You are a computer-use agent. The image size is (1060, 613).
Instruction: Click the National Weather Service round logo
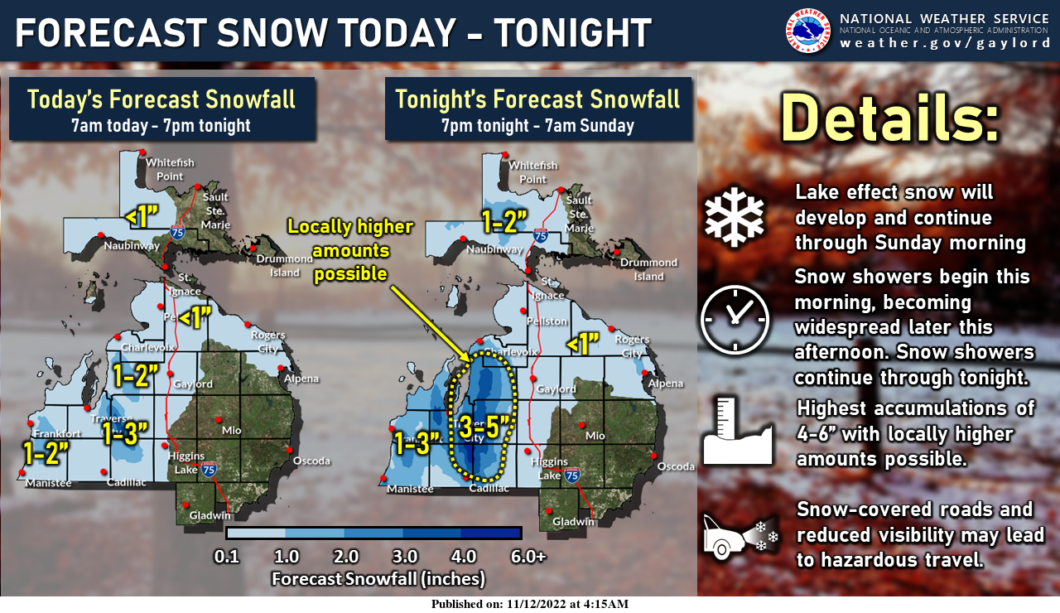[807, 30]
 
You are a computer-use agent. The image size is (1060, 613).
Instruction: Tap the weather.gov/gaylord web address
[945, 43]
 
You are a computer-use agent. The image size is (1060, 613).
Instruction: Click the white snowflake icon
[735, 215]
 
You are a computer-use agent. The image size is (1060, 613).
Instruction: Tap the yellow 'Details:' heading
[890, 117]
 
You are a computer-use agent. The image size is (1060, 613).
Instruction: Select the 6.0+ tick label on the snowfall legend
[528, 557]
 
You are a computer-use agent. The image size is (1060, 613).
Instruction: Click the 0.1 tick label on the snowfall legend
[226, 557]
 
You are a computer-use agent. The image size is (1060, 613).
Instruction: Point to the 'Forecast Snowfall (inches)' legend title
[378, 577]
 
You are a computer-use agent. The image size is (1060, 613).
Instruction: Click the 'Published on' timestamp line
[530, 604]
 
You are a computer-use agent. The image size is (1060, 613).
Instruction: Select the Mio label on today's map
[231, 431]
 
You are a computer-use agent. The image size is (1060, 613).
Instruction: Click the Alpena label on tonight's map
[666, 384]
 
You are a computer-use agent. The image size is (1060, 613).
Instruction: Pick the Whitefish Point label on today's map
[170, 169]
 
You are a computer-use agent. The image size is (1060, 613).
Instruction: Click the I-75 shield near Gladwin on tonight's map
[571, 475]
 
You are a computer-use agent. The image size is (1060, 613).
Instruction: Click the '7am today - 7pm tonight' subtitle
[161, 126]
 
